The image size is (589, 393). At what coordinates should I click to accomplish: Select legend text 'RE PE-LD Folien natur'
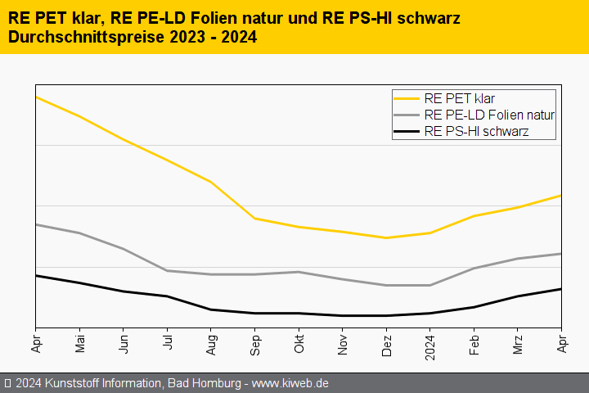489,115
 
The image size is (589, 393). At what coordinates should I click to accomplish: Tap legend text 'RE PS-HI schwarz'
476,131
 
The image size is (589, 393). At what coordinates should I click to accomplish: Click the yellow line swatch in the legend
407,99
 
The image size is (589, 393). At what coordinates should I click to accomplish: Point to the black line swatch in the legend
407,131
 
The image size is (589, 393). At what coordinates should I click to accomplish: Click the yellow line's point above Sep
255,219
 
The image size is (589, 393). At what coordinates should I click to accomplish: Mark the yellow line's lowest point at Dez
386,238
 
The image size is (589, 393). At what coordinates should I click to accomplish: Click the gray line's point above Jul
168,270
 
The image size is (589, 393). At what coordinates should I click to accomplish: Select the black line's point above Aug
211,309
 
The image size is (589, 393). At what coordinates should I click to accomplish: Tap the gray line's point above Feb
474,268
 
